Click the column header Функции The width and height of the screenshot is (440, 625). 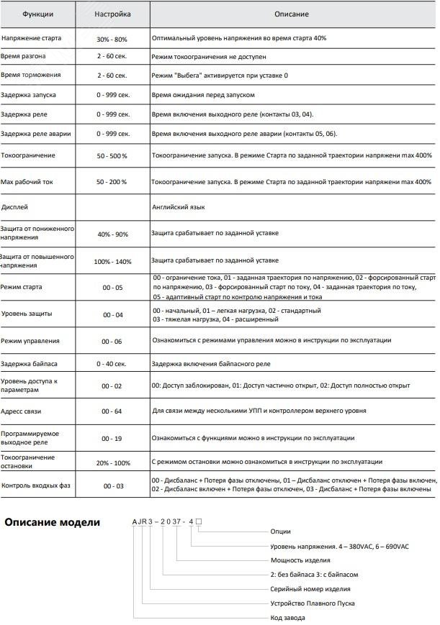37,14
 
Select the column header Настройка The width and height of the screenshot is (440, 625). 113,14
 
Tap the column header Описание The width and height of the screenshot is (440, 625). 291,14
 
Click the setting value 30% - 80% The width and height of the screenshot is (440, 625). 113,38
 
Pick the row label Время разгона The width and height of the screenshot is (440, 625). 24,55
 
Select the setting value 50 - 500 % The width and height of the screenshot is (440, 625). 112,155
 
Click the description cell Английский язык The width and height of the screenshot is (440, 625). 179,206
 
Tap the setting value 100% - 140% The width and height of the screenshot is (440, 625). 113,261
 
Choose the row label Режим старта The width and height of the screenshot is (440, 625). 22,287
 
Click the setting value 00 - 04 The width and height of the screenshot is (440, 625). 113,315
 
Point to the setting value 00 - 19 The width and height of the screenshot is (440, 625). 113,438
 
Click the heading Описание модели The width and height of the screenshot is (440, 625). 53,522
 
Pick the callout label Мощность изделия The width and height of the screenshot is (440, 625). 301,560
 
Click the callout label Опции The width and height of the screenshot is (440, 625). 281,532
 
